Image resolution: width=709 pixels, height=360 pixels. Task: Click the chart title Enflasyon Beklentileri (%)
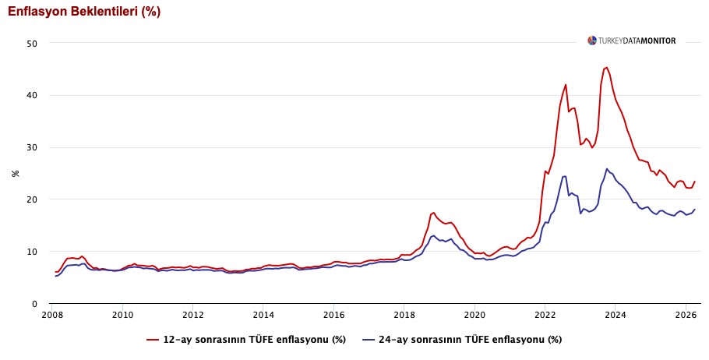point(85,12)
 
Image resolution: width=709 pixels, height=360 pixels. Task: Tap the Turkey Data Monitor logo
point(632,41)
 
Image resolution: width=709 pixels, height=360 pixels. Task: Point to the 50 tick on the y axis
point(32,44)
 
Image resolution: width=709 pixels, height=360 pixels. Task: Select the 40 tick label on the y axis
point(32,96)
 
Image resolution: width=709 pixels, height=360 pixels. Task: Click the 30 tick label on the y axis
point(32,148)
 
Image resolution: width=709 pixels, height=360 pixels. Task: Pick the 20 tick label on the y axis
point(32,200)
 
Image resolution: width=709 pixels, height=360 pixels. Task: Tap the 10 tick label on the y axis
point(32,252)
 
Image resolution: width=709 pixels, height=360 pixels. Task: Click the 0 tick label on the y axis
point(35,304)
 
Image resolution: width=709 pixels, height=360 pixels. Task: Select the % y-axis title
point(16,173)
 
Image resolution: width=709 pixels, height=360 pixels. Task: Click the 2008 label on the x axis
point(52,315)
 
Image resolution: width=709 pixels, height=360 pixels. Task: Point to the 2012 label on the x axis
point(193,315)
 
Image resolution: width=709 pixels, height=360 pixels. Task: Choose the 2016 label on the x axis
point(333,315)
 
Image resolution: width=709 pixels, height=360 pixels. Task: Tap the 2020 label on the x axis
point(474,315)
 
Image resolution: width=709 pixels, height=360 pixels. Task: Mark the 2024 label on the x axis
point(616,315)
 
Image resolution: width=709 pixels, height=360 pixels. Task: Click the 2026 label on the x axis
point(686,315)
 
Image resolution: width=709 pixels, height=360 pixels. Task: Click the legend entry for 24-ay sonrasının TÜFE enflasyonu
point(462,340)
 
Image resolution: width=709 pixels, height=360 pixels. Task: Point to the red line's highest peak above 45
point(607,67)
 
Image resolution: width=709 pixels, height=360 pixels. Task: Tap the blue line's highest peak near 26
point(607,168)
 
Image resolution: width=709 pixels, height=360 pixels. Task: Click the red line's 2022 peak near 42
point(566,85)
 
